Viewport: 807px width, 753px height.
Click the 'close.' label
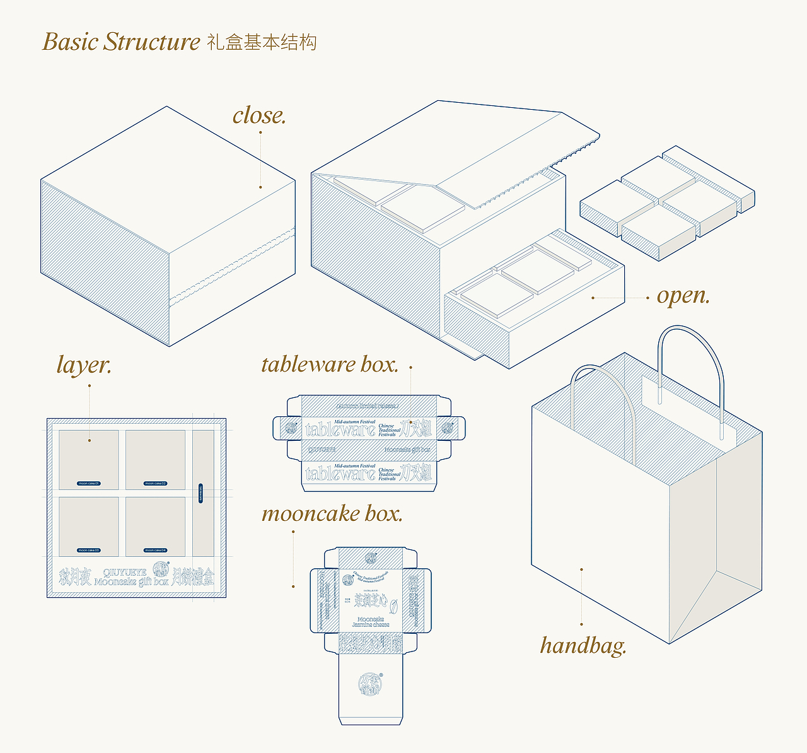pyautogui.click(x=259, y=115)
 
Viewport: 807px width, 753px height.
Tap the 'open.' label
pyautogui.click(x=683, y=295)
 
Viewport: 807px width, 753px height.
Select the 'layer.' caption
pyautogui.click(x=84, y=365)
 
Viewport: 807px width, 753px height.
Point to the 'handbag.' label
pyautogui.click(x=583, y=645)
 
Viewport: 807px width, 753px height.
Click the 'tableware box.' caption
pyautogui.click(x=330, y=365)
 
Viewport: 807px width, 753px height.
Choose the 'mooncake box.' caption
pyautogui.click(x=332, y=513)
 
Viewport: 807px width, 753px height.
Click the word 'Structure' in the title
pyautogui.click(x=152, y=42)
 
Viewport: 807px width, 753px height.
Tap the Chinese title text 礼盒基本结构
pyautogui.click(x=262, y=42)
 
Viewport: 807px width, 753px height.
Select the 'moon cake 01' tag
pyautogui.click(x=89, y=484)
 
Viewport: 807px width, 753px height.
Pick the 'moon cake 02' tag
pyautogui.click(x=155, y=484)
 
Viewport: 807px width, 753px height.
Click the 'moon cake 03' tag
pyautogui.click(x=89, y=551)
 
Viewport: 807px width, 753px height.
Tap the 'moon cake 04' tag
pyautogui.click(x=155, y=551)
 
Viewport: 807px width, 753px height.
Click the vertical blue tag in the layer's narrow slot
pyautogui.click(x=201, y=493)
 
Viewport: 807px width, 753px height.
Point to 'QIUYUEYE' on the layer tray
pyautogui.click(x=124, y=573)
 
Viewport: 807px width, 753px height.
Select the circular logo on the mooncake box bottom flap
pyautogui.click(x=369, y=684)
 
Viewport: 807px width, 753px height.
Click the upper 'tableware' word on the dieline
pyautogui.click(x=340, y=430)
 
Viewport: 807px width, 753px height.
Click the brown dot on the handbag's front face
pyautogui.click(x=581, y=569)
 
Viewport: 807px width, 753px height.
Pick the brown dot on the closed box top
pyautogui.click(x=260, y=187)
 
